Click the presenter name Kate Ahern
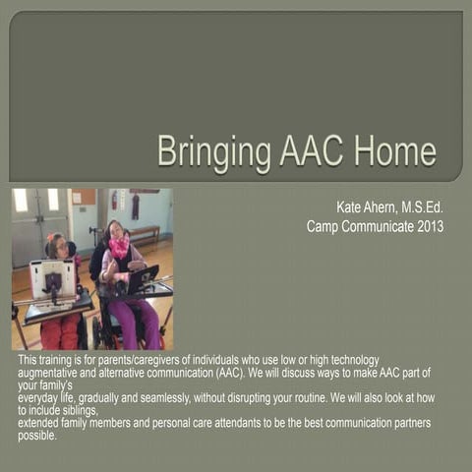[368, 207]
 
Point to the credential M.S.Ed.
[424, 207]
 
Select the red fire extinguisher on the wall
[113, 201]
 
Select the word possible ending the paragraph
[36, 436]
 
